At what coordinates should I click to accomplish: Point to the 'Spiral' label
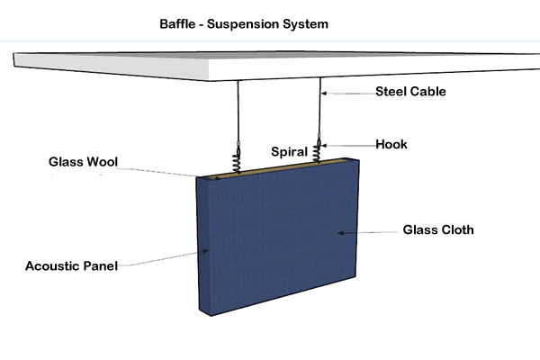(x=290, y=152)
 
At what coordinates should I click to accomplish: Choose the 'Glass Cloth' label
(x=440, y=230)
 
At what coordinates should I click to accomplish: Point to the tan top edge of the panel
(x=270, y=167)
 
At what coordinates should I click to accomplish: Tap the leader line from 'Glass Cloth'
(x=369, y=231)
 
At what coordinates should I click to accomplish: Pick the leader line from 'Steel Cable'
(x=346, y=92)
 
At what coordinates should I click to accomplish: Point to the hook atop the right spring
(x=319, y=141)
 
